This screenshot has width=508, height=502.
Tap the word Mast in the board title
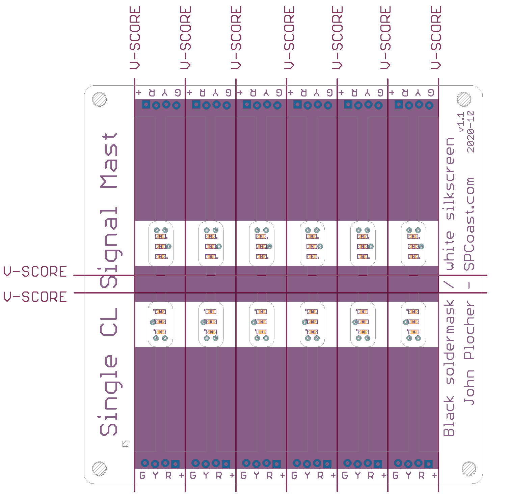(109, 161)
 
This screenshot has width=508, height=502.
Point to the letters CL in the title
(109, 322)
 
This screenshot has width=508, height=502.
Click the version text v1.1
(461, 122)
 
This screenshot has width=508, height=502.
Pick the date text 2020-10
(471, 132)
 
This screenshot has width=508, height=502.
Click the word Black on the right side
(449, 416)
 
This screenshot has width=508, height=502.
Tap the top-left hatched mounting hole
(99, 99)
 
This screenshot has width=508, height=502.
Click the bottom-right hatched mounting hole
(469, 469)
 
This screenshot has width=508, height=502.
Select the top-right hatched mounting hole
(464, 99)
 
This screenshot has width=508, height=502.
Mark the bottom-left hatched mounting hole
(99, 469)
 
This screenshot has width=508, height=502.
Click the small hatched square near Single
(125, 444)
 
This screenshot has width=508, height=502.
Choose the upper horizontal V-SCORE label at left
(35, 272)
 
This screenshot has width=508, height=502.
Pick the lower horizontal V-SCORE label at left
(35, 297)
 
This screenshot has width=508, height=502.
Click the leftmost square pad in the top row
(145, 104)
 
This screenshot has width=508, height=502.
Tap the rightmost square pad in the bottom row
(428, 464)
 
